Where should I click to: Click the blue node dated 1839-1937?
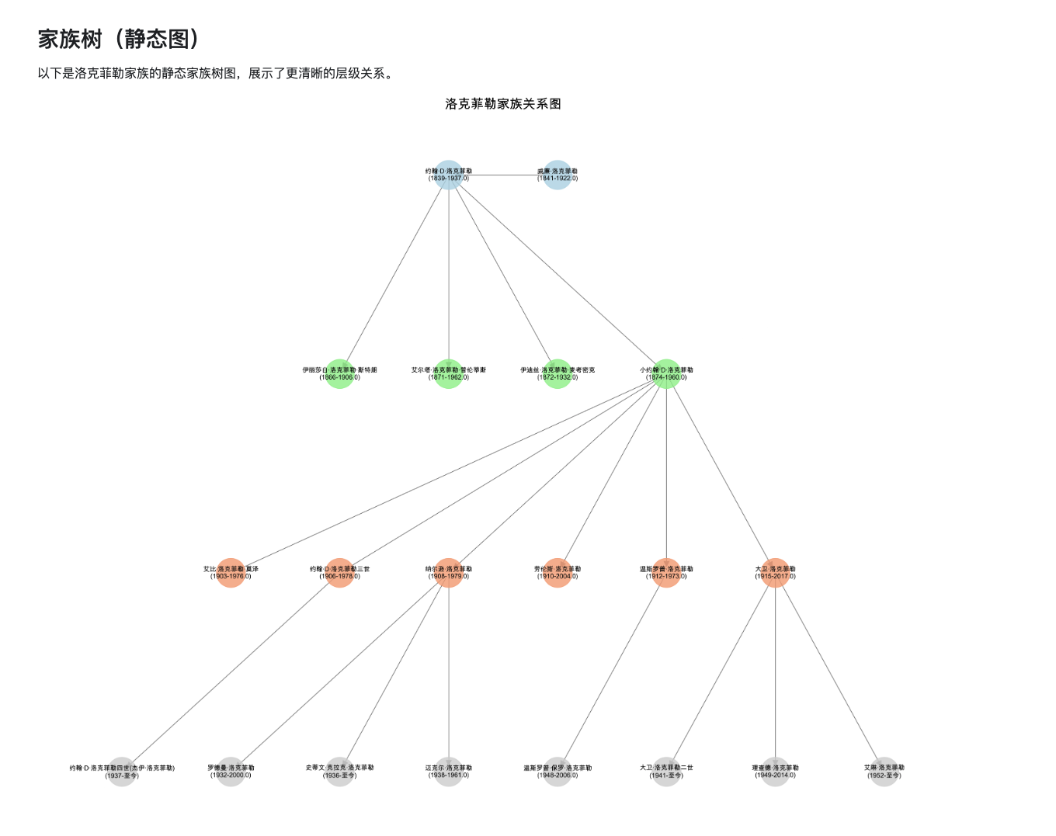[x=449, y=175]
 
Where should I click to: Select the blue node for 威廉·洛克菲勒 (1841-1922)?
[x=558, y=175]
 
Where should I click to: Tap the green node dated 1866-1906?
[x=340, y=374]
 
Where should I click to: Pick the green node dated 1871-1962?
[x=449, y=374]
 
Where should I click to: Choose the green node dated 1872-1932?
[x=558, y=374]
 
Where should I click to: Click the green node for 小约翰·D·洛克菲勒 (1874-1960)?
[x=666, y=374]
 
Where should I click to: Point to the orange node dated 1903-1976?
[x=231, y=573]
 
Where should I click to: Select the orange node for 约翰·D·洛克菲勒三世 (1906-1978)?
[x=340, y=573]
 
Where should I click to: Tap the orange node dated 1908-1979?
[x=449, y=573]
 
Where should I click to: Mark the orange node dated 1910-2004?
[x=558, y=573]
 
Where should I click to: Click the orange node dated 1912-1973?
[x=666, y=573]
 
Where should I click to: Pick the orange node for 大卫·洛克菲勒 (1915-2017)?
[x=775, y=573]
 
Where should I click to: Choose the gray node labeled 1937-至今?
[x=122, y=772]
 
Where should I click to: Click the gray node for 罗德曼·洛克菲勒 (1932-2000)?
[x=231, y=772]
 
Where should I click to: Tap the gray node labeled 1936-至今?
[x=340, y=772]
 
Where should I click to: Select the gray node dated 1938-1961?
[x=449, y=772]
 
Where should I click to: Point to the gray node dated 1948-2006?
[x=558, y=772]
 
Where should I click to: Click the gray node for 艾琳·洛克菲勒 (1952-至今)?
[x=884, y=772]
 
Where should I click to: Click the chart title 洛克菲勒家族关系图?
[x=503, y=104]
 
